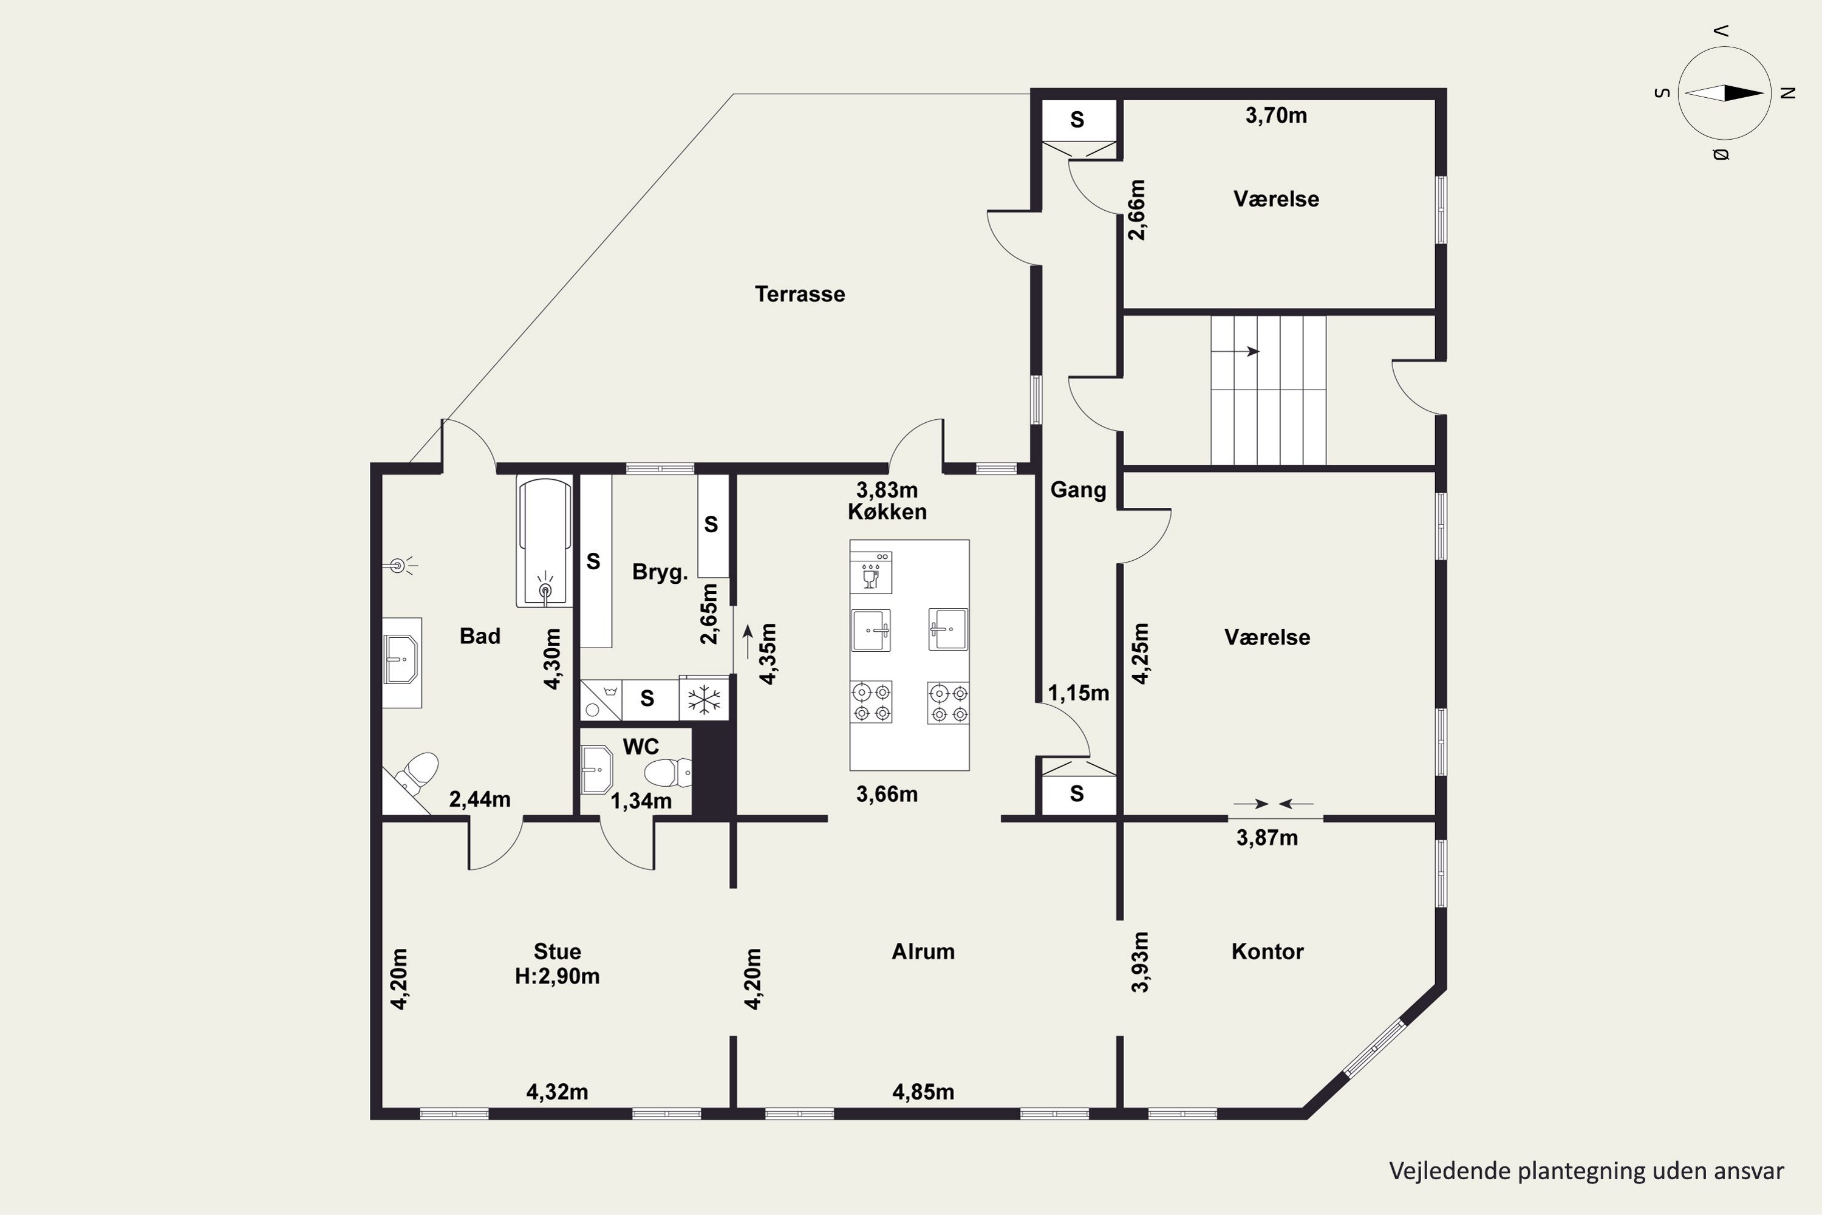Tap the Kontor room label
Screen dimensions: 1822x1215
[1268, 951]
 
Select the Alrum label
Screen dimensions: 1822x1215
[923, 951]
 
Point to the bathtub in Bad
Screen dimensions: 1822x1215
[545, 541]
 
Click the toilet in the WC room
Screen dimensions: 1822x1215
[667, 773]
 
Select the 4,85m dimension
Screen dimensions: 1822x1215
[923, 1092]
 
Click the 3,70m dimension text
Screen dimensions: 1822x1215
[1276, 115]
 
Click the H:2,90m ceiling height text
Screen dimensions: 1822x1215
[557, 976]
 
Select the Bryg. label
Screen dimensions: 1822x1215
[660, 573]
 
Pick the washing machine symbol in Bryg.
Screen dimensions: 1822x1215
[601, 700]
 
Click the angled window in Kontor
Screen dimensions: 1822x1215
[1374, 1049]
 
